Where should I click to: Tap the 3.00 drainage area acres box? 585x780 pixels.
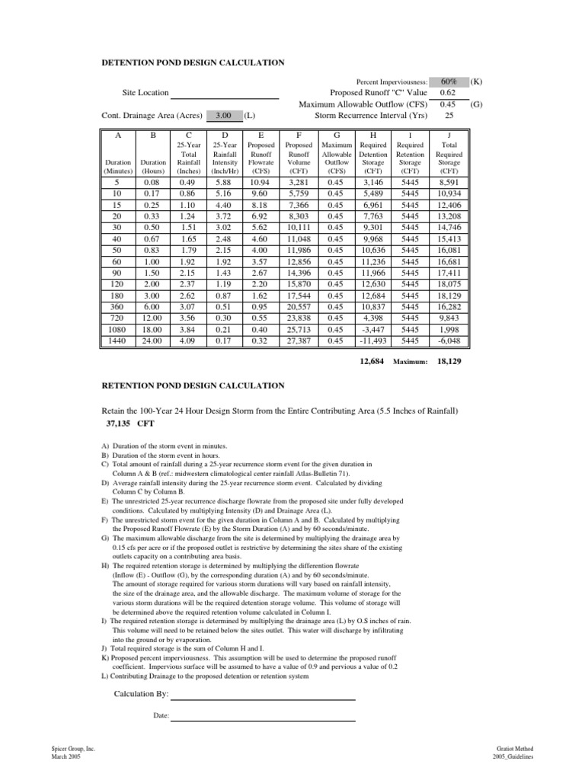pyautogui.click(x=223, y=116)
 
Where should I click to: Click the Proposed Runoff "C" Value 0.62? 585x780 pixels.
pyautogui.click(x=449, y=92)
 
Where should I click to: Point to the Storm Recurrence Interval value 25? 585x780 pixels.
pyautogui.click(x=449, y=116)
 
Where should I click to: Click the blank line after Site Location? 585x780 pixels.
pyautogui.click(x=229, y=93)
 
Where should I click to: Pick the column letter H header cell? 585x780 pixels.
pyautogui.click(x=374, y=134)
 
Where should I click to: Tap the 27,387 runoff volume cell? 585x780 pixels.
pyautogui.click(x=298, y=342)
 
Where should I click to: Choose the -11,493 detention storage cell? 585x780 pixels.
pyautogui.click(x=374, y=342)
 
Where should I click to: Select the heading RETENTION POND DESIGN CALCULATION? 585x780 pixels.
pyautogui.click(x=193, y=386)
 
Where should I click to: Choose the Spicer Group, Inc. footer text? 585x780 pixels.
pyautogui.click(x=73, y=750)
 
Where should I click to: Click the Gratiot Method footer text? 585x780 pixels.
pyautogui.click(x=513, y=750)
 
